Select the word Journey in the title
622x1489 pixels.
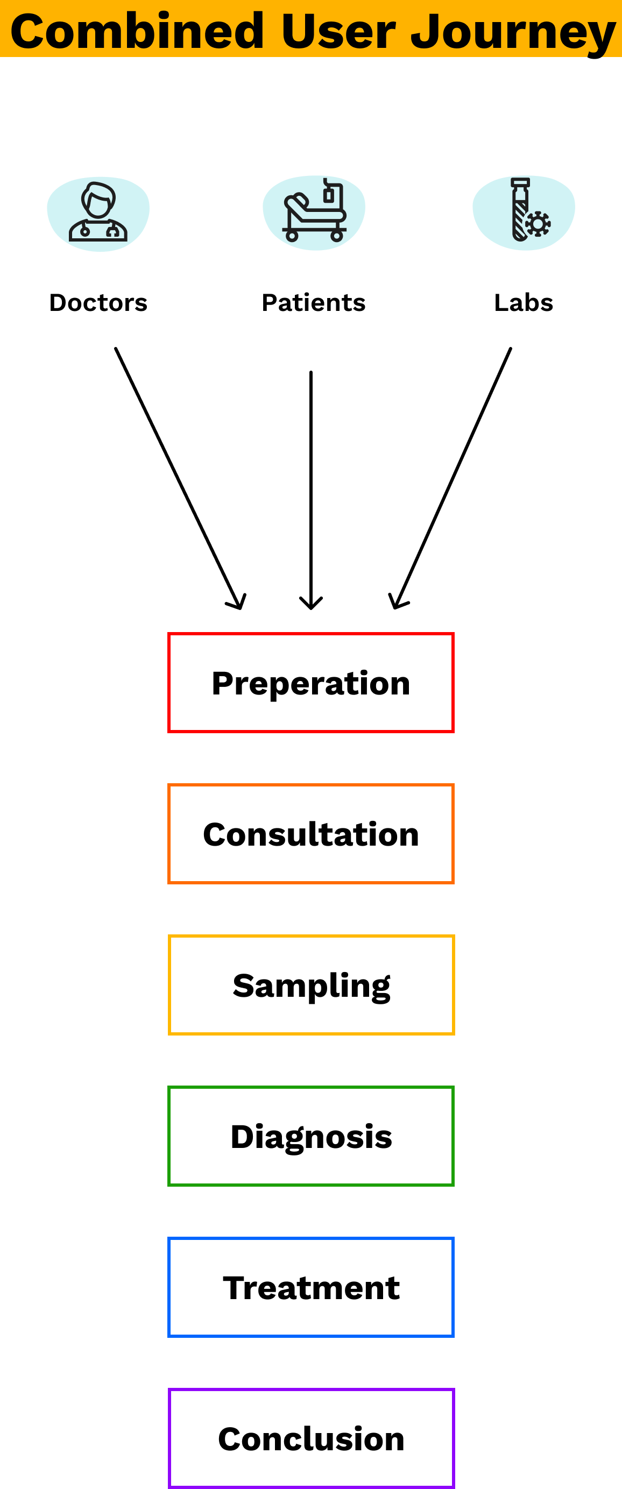(513, 32)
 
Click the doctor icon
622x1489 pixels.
(98, 214)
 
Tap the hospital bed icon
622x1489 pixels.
(314, 212)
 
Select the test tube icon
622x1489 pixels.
(524, 212)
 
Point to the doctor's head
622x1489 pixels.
(98, 200)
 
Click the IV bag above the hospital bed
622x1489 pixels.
(328, 194)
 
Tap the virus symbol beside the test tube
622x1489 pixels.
(538, 224)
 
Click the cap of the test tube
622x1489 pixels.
(520, 183)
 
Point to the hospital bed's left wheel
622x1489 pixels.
(292, 236)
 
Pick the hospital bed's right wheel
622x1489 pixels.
(336, 236)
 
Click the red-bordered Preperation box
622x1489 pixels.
(311, 683)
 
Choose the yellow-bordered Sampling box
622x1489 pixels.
(311, 985)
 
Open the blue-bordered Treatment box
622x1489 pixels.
(311, 1287)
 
